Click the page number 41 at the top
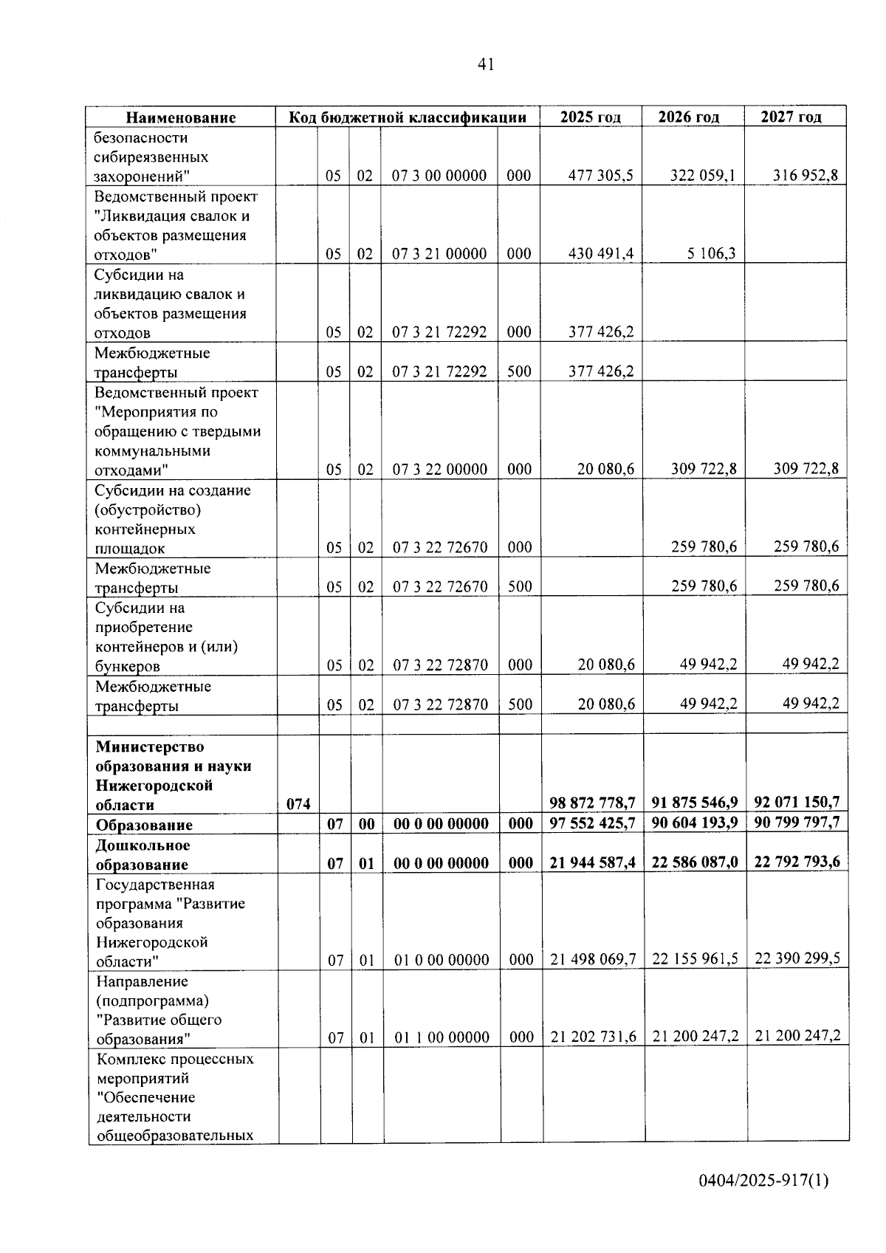[x=485, y=65]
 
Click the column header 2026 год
[x=688, y=117]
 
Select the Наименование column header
[x=181, y=117]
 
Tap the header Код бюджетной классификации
[x=407, y=117]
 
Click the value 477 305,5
[x=601, y=176]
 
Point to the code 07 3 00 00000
[x=439, y=176]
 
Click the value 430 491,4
[x=601, y=254]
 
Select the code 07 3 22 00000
[x=439, y=470]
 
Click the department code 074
[x=298, y=804]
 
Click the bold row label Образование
[x=144, y=825]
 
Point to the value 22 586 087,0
[x=695, y=862]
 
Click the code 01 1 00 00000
[x=441, y=1037]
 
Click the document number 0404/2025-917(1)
[x=763, y=1181]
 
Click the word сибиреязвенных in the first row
[x=151, y=157]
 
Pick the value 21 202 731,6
[x=593, y=1037]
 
